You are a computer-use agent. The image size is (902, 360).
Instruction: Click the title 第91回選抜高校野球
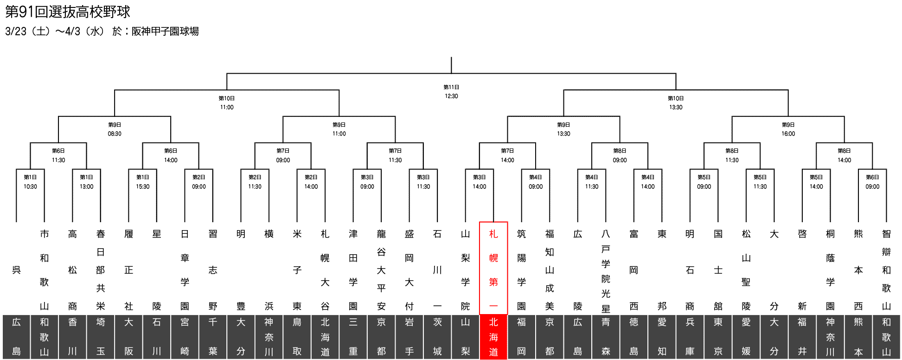pyautogui.click(x=68, y=12)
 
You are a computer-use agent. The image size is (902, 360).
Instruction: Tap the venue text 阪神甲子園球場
pyautogui.click(x=165, y=31)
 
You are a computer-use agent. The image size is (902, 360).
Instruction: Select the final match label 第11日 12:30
pyautogui.click(x=451, y=91)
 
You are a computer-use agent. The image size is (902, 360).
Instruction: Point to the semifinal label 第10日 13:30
pyautogui.click(x=676, y=103)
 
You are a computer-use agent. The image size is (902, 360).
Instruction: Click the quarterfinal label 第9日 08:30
pyautogui.click(x=115, y=129)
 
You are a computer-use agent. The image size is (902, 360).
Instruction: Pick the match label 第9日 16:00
pyautogui.click(x=788, y=129)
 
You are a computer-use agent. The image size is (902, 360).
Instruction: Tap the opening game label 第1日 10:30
pyautogui.click(x=30, y=182)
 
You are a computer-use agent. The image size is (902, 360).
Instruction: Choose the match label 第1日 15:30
pyautogui.click(x=142, y=182)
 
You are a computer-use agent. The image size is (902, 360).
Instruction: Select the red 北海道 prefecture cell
pyautogui.click(x=493, y=337)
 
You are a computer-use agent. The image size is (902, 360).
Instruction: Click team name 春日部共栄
pyautogui.click(x=101, y=270)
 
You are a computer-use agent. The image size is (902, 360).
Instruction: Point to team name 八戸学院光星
pyautogui.click(x=606, y=270)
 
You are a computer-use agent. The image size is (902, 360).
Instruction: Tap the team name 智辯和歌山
pyautogui.click(x=886, y=270)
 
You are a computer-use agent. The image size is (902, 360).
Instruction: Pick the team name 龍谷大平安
pyautogui.click(x=381, y=270)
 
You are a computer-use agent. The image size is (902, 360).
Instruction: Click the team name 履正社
pyautogui.click(x=129, y=270)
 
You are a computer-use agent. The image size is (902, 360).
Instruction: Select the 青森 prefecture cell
pyautogui.click(x=606, y=337)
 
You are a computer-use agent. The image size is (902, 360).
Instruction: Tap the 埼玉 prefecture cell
pyautogui.click(x=101, y=337)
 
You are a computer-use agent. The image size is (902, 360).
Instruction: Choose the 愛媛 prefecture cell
pyautogui.click(x=746, y=337)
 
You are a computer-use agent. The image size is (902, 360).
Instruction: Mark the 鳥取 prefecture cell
pyautogui.click(x=297, y=337)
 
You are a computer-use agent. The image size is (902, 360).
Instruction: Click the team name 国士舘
pyautogui.click(x=718, y=270)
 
